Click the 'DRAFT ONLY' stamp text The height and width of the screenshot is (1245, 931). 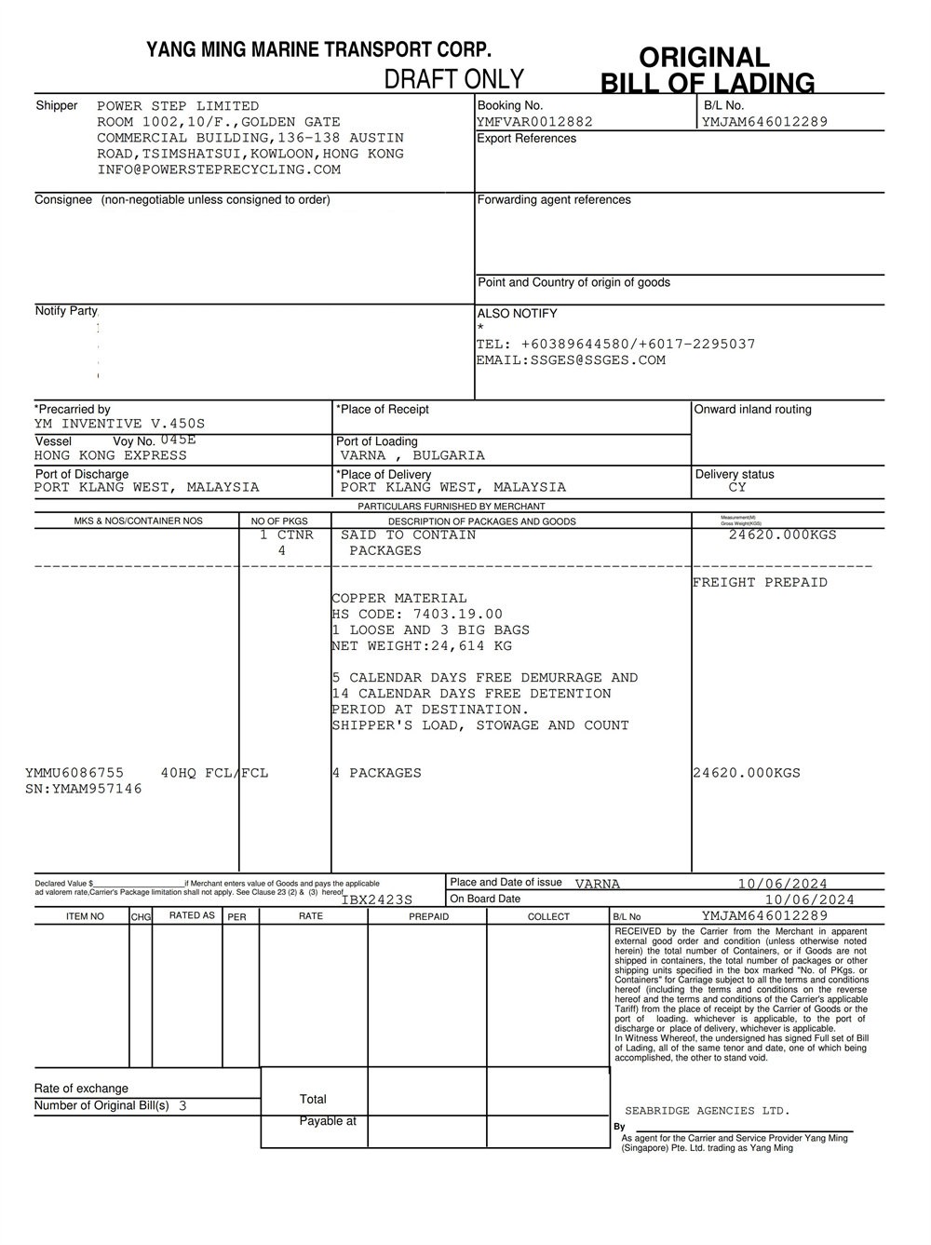(x=454, y=79)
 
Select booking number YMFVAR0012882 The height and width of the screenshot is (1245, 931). (x=534, y=122)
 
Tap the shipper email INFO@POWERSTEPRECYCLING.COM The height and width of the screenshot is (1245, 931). (x=219, y=169)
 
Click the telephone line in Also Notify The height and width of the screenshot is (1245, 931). (x=615, y=345)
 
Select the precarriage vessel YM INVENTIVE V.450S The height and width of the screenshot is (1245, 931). (x=119, y=424)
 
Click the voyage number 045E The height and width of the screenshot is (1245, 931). (x=178, y=440)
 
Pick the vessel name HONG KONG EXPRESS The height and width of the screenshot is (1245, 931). (x=111, y=455)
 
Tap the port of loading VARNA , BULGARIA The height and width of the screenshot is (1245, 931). (x=412, y=455)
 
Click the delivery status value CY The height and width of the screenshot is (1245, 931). (x=737, y=487)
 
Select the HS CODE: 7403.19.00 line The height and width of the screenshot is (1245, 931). (x=417, y=615)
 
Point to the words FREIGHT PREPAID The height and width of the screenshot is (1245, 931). (x=760, y=583)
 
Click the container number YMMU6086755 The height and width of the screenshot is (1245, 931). (x=74, y=773)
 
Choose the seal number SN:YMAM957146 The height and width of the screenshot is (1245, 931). (x=84, y=789)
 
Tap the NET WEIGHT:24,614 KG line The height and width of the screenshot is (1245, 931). (x=422, y=646)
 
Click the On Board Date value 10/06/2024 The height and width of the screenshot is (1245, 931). (x=809, y=900)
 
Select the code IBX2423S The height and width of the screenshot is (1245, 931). (x=377, y=900)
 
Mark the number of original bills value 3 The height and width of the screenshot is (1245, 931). (x=182, y=1106)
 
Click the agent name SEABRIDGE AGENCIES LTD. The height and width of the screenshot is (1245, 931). (x=707, y=1111)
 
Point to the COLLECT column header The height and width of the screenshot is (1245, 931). (x=548, y=917)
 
